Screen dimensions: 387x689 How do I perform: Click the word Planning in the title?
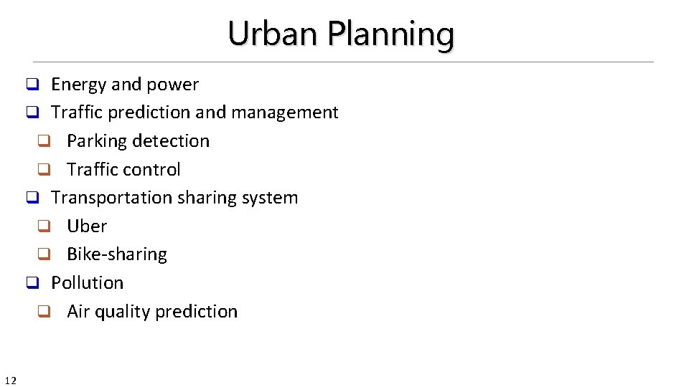point(391,34)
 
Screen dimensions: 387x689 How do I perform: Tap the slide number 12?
point(10,380)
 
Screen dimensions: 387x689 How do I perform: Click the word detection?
point(172,141)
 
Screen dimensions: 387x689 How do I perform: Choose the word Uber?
point(87,226)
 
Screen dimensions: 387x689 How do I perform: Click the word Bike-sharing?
point(117,254)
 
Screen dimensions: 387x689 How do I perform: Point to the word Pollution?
point(87,282)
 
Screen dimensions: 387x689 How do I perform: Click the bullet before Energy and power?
point(32,85)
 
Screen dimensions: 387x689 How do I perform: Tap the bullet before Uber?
point(44,226)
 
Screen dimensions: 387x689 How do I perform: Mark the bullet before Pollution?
point(32,283)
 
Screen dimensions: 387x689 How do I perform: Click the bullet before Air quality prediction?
point(44,312)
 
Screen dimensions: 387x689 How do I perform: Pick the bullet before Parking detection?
point(44,142)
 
